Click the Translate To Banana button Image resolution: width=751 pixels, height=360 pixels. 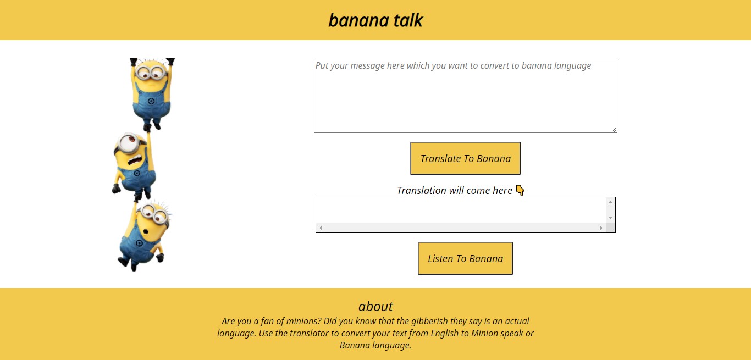(465, 158)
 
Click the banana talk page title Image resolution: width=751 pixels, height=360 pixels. (375, 20)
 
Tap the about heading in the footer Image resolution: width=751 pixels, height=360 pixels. (375, 306)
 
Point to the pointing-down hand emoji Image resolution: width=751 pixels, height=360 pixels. (520, 191)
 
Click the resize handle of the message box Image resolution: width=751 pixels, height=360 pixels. (614, 130)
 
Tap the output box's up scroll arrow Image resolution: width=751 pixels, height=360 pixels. (610, 202)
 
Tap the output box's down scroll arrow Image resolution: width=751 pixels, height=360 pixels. (610, 218)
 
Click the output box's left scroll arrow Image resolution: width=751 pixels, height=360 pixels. (321, 228)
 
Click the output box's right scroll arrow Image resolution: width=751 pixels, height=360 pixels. (601, 228)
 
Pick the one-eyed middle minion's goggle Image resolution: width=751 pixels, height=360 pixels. (128, 141)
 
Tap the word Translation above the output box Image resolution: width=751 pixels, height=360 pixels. (422, 191)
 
